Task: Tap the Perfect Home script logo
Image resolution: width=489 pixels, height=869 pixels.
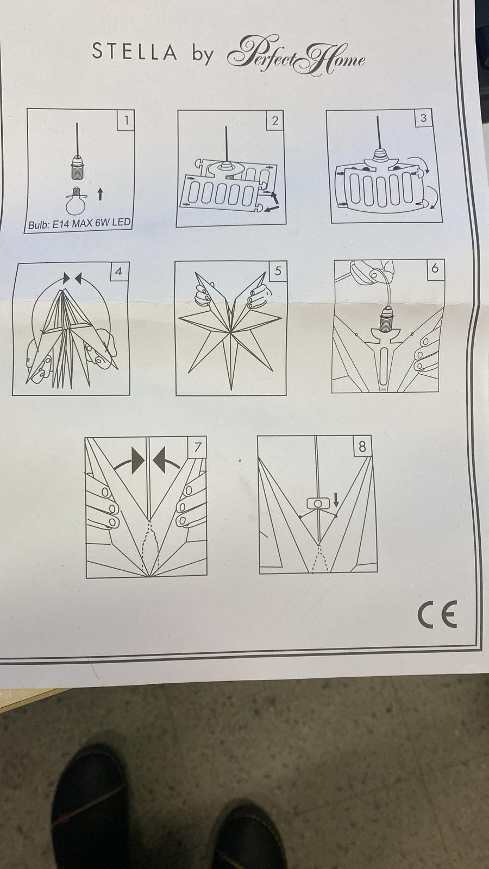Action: (296, 55)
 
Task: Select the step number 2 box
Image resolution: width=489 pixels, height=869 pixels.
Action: (275, 120)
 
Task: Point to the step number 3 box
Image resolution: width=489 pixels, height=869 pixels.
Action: (423, 117)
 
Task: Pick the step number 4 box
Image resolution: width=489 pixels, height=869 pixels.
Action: (118, 271)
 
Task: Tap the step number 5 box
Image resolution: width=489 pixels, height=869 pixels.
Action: (278, 270)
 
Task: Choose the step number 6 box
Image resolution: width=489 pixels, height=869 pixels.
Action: (435, 268)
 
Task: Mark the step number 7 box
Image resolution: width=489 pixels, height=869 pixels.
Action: (198, 447)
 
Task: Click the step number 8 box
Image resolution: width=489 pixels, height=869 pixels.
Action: (362, 446)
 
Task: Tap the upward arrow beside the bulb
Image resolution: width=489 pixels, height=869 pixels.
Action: (100, 194)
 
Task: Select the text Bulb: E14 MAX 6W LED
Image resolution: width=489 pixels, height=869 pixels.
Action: (79, 224)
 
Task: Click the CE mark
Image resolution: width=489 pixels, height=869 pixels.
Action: (437, 614)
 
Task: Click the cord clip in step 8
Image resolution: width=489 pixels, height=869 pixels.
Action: (318, 503)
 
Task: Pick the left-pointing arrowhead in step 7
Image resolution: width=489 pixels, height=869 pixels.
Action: (160, 461)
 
